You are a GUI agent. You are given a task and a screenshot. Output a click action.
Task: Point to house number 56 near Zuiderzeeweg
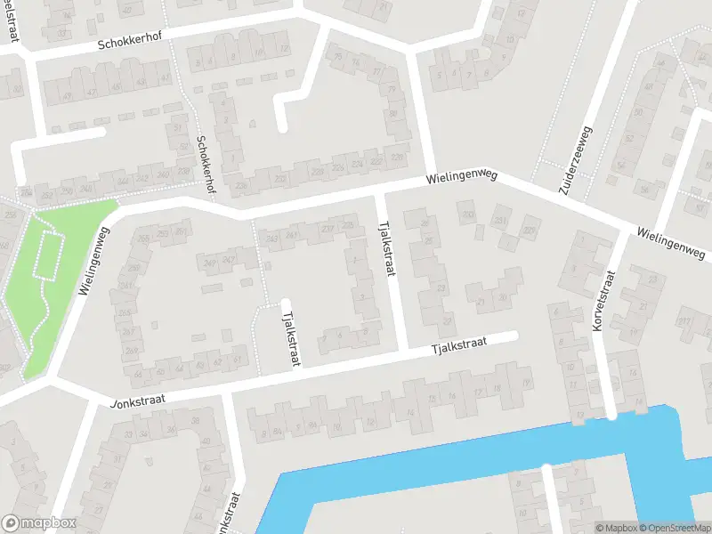(644, 189)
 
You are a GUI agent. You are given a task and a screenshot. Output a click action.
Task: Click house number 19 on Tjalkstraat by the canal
(526, 383)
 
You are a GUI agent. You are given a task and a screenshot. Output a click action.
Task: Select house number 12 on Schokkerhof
(284, 49)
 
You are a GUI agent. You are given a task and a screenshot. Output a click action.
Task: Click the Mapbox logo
(38, 523)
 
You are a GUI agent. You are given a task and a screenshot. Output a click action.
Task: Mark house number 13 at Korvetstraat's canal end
(580, 415)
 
